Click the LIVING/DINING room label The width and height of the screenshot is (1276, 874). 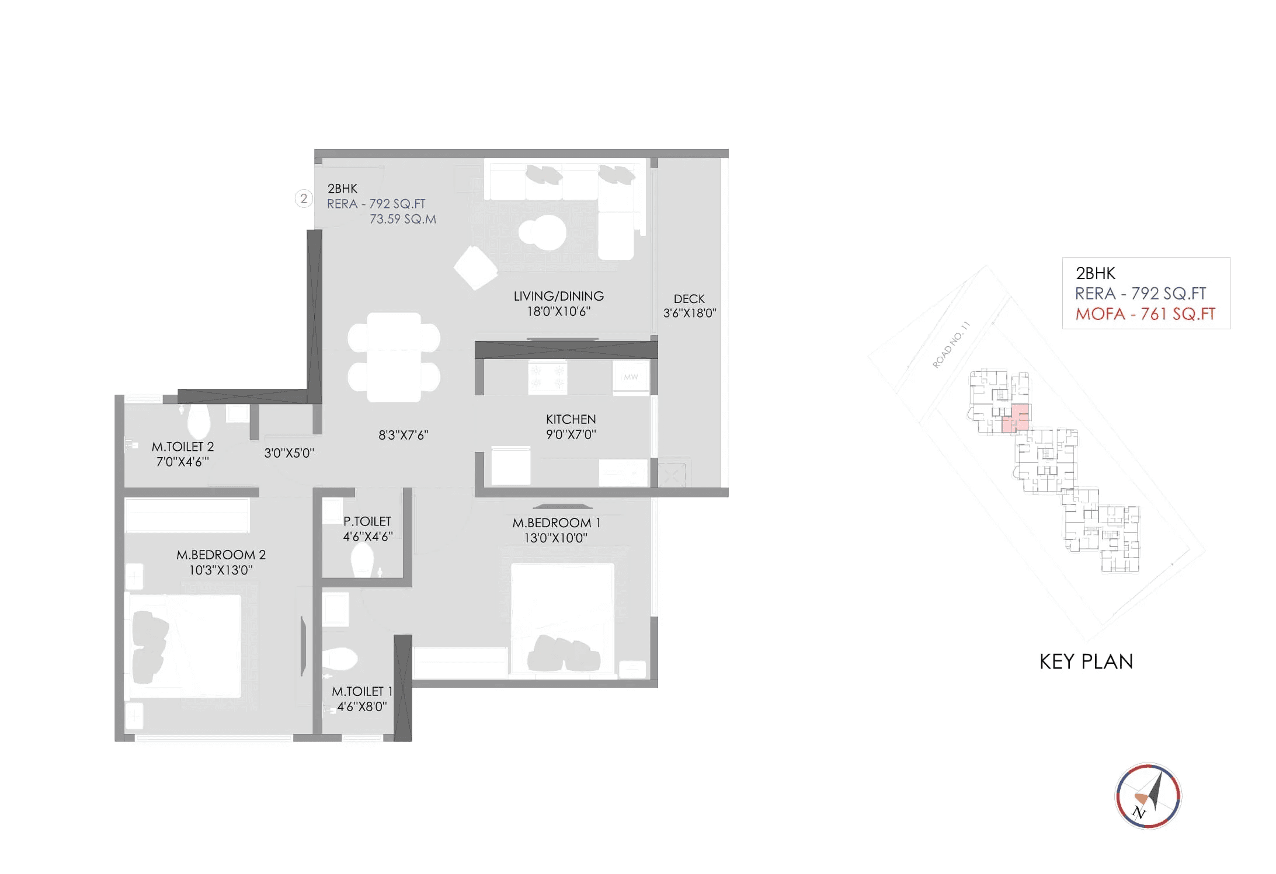[x=558, y=297]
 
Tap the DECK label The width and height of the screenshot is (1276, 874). [x=689, y=299]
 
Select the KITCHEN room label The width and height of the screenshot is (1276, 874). [x=571, y=419]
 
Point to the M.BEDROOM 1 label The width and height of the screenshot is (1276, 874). [x=556, y=523]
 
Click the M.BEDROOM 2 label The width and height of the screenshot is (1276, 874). [x=221, y=555]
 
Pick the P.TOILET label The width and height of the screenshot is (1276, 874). [x=367, y=521]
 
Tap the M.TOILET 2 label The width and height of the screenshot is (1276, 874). [x=182, y=447]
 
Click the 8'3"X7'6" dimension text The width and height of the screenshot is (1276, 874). [x=403, y=435]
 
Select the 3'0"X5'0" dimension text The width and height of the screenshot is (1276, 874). [x=289, y=453]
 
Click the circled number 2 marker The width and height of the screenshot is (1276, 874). [x=303, y=199]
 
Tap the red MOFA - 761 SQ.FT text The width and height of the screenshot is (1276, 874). [x=1145, y=314]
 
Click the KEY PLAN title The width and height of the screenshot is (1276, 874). [x=1086, y=661]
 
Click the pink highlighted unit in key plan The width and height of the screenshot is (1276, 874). [x=1016, y=418]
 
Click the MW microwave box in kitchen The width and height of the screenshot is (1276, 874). [x=631, y=377]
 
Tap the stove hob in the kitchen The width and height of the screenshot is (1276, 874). [x=547, y=377]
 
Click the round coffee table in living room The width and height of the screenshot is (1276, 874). [x=543, y=232]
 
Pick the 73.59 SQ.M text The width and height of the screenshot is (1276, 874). [x=402, y=220]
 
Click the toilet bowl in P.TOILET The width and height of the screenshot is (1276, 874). [x=362, y=559]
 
